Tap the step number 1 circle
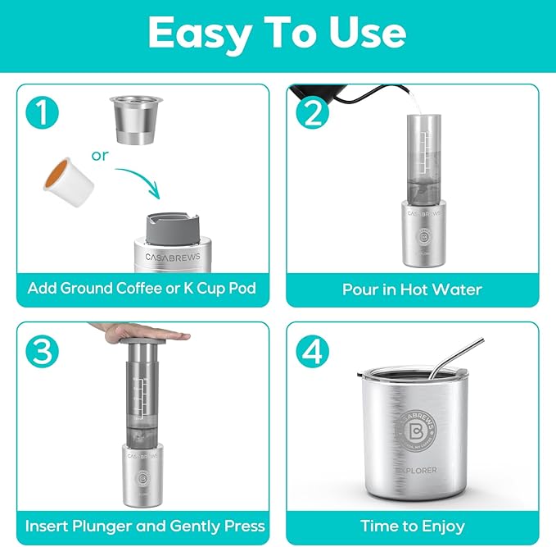43,112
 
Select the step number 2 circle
313,112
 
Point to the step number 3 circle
43,351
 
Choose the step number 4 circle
313,351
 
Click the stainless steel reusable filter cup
136,120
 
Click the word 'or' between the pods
100,156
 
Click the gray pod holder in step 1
172,228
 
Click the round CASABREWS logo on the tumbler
416,431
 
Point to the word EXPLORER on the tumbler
416,470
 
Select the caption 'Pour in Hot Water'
412,289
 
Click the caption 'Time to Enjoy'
413,526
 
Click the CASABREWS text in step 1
173,257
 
